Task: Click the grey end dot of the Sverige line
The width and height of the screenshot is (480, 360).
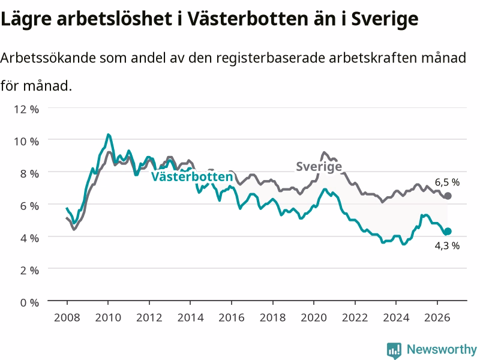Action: point(448,196)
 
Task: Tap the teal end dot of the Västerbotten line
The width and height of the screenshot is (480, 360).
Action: point(448,232)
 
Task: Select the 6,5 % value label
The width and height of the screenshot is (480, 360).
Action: point(447,182)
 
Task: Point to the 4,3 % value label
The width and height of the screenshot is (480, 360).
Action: point(447,245)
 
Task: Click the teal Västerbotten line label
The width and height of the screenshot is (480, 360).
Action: point(192,176)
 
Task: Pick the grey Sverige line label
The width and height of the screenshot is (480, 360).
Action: point(319,167)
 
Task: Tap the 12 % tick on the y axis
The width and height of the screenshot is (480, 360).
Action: point(26,109)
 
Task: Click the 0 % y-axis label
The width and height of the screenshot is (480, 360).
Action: point(29,303)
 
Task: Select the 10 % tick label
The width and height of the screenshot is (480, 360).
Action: point(26,142)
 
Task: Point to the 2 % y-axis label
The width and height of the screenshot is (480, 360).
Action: point(29,271)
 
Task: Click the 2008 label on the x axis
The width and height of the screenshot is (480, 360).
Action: point(67,317)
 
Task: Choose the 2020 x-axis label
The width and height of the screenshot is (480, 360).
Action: point(314,317)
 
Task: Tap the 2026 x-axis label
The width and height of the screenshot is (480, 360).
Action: point(437,317)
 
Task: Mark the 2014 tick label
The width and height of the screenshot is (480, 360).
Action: point(190,317)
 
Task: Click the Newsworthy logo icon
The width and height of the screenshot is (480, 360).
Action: point(394,350)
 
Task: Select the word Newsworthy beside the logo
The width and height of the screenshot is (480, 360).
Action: point(442,349)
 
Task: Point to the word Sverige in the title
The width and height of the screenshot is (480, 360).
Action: point(385,19)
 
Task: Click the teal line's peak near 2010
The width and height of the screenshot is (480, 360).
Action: point(108,134)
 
